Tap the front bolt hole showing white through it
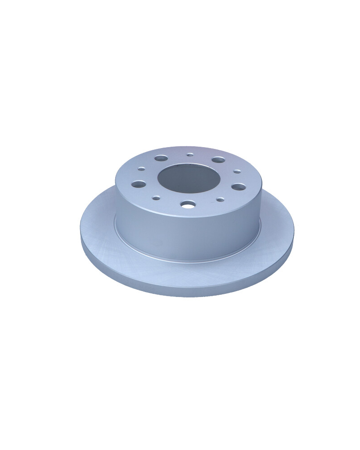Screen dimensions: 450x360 tap(188, 204)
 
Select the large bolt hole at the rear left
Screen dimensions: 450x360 tap(161, 158)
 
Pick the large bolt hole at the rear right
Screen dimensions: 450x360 tap(218, 160)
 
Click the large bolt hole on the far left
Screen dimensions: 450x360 tap(139, 184)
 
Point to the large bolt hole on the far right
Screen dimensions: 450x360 tap(239, 186)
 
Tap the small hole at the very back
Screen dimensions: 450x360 tap(190, 155)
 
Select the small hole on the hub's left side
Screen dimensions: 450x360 tap(141, 169)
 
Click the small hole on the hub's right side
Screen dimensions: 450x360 tap(237, 171)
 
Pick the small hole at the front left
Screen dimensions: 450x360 tap(156, 198)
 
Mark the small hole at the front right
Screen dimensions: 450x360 tap(220, 199)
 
